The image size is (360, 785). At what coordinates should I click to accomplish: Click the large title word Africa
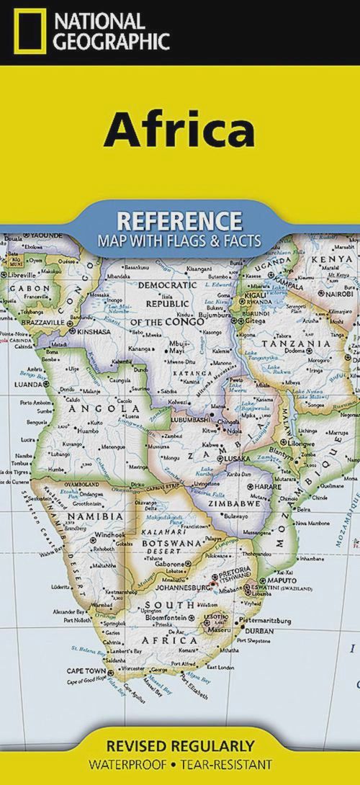point(179,132)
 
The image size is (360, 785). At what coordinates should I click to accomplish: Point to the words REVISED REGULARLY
point(180,745)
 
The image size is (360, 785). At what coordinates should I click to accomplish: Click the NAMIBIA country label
point(95,516)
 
